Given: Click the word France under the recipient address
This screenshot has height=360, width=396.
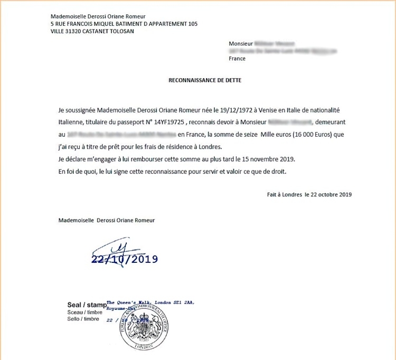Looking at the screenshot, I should [x=237, y=59].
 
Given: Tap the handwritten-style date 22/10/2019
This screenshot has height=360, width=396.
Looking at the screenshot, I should [x=125, y=259].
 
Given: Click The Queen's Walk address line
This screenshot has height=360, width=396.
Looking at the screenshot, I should [x=150, y=302].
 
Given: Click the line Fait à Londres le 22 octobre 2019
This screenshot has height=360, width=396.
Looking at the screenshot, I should [x=309, y=194].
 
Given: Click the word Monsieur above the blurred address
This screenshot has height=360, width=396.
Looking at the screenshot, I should [x=240, y=44].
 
